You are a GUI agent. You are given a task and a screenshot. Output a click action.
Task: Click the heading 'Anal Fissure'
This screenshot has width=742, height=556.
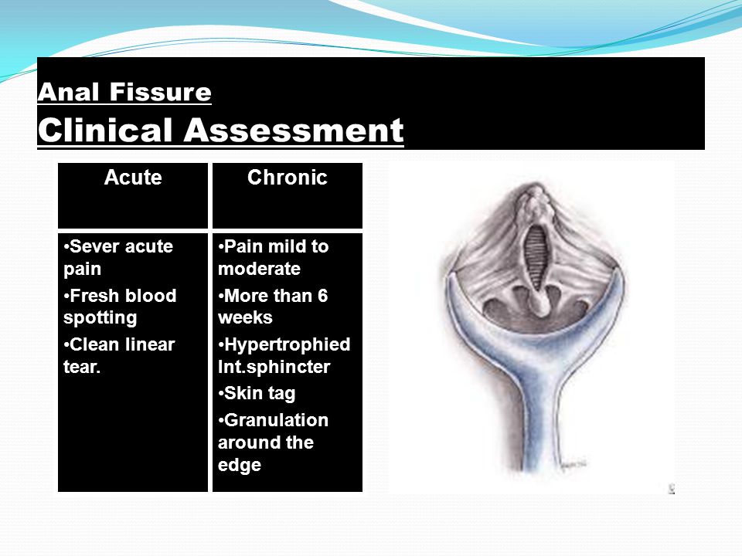(124, 91)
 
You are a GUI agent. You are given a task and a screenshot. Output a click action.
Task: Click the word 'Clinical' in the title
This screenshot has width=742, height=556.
(106, 130)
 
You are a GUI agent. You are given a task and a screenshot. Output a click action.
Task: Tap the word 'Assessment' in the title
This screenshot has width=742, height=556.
(294, 130)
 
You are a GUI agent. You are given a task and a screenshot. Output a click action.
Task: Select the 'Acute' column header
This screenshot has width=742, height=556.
(133, 178)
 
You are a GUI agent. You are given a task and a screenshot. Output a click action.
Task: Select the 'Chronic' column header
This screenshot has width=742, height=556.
(288, 178)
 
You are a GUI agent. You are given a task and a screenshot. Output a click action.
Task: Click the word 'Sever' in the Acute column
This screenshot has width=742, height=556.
(94, 246)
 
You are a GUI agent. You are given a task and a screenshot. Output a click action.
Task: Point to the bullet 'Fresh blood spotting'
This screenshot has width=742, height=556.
(121, 307)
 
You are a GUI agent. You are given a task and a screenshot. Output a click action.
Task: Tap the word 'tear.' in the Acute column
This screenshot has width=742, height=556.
(82, 367)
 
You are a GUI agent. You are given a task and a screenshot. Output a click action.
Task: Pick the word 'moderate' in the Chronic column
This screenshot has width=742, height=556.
(260, 269)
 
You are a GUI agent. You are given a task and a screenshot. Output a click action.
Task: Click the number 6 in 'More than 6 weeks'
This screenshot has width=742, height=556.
(322, 296)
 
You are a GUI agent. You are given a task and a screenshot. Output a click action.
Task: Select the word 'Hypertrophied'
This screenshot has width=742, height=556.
(288, 345)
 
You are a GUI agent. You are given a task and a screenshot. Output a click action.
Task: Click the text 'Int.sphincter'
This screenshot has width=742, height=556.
(274, 367)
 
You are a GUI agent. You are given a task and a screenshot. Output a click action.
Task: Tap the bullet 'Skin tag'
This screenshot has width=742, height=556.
(257, 393)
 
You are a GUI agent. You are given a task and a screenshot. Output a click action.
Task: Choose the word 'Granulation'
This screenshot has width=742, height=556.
(276, 420)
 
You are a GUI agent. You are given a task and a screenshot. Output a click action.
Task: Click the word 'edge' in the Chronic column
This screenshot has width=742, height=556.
(240, 465)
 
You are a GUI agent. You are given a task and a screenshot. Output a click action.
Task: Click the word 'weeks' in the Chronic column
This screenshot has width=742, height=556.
(245, 317)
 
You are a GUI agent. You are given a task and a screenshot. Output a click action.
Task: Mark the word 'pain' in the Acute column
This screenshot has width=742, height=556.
(83, 270)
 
